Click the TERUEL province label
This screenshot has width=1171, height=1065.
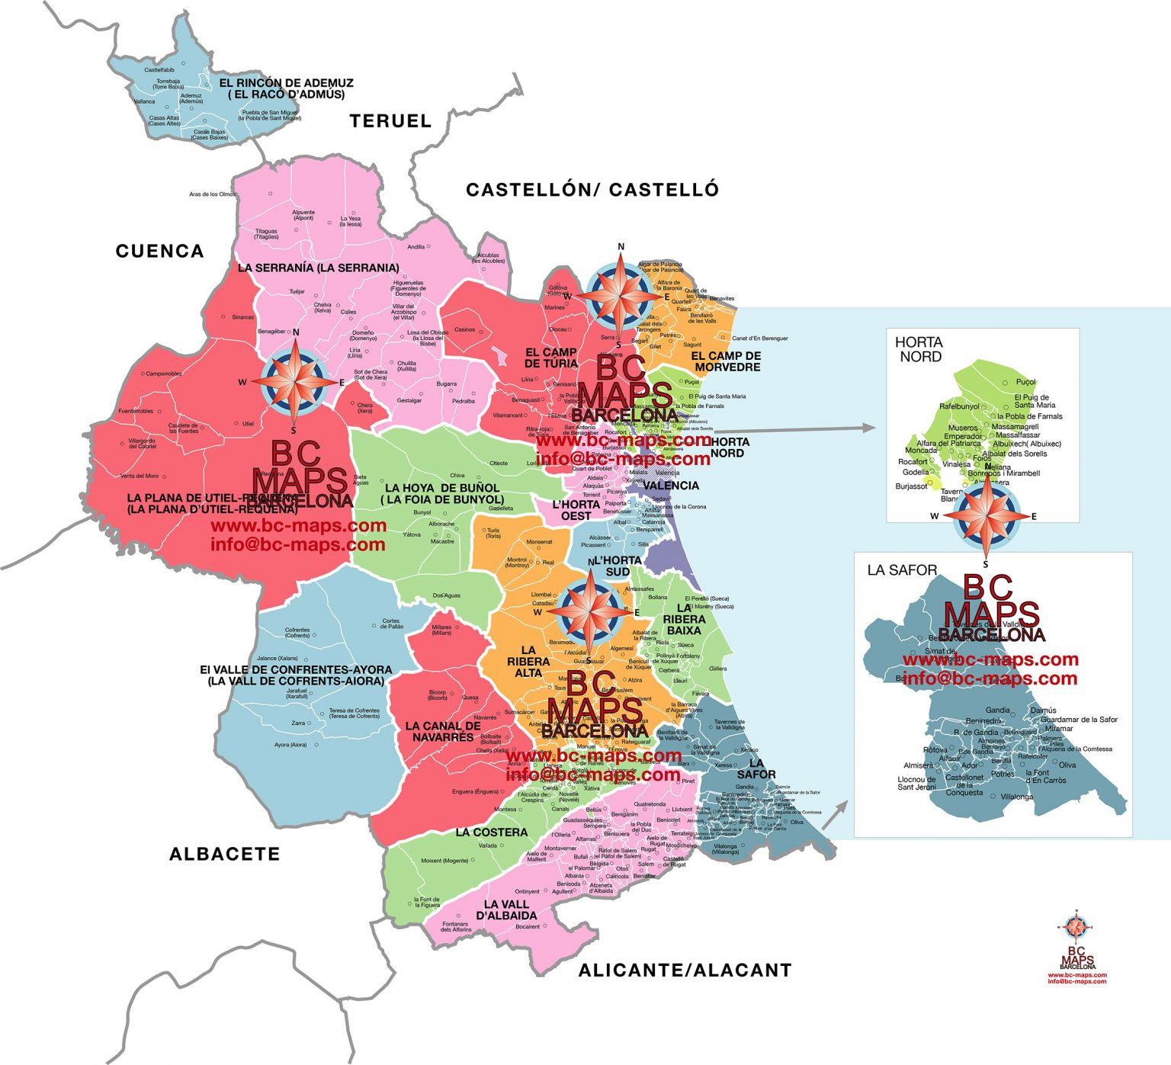(x=390, y=120)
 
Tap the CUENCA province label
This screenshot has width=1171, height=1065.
(x=159, y=251)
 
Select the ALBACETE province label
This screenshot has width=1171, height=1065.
(x=224, y=854)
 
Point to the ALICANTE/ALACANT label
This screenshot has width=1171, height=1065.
(x=685, y=970)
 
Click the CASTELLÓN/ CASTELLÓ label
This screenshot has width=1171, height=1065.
(x=592, y=189)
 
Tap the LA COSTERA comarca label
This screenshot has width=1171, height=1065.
(x=491, y=832)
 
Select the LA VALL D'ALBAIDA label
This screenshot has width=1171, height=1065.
(x=506, y=909)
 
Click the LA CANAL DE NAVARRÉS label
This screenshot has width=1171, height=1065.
(x=443, y=732)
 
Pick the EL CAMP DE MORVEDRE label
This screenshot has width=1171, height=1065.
(x=726, y=361)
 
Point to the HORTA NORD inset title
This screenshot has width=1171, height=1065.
(x=919, y=349)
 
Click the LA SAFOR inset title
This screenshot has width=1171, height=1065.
(x=902, y=569)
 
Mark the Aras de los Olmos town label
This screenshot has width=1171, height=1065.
(x=213, y=194)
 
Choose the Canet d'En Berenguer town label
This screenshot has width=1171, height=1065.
(x=759, y=338)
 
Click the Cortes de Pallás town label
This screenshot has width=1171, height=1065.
(x=391, y=624)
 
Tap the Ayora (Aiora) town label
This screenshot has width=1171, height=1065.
(x=290, y=745)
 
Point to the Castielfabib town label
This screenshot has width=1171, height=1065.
(x=159, y=70)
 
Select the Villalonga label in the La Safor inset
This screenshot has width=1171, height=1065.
(x=1017, y=797)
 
